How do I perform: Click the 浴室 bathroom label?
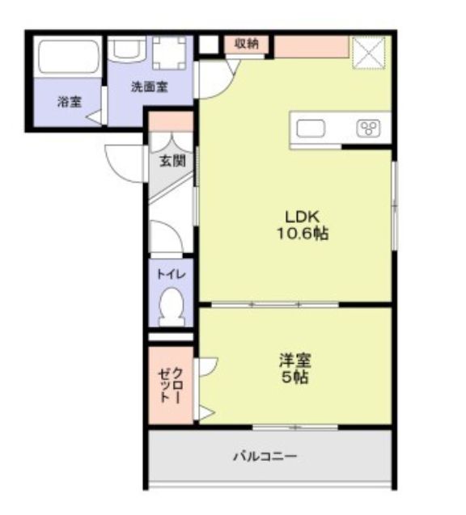[70, 102]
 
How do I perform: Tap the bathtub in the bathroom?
[68, 57]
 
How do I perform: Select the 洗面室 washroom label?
[150, 87]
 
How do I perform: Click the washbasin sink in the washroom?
[127, 49]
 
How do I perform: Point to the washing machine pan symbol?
[169, 53]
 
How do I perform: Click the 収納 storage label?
[247, 44]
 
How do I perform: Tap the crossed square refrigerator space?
[368, 52]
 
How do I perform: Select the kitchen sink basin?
[311, 129]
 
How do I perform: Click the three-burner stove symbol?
[369, 128]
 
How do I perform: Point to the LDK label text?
[302, 217]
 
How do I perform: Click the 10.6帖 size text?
[303, 234]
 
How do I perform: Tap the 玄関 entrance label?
[172, 161]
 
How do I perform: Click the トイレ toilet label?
[171, 274]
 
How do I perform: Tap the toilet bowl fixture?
[171, 307]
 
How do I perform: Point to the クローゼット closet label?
[170, 385]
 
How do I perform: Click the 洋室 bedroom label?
[295, 361]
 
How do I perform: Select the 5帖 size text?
[294, 377]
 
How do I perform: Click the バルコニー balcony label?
[265, 457]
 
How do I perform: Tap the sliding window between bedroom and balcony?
[295, 428]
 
